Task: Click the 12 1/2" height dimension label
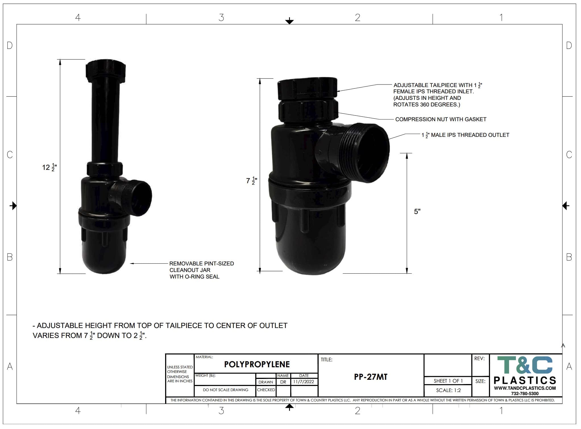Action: [x=49, y=167]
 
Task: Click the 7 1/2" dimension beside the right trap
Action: [x=252, y=181]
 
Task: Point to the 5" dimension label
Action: [x=417, y=211]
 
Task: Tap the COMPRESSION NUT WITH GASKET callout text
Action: [x=441, y=119]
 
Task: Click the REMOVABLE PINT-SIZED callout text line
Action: [x=202, y=264]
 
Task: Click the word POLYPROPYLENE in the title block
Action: [x=257, y=364]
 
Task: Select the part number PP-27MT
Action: [x=371, y=377]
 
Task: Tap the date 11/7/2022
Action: [x=304, y=382]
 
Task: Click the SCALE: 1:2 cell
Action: [x=448, y=390]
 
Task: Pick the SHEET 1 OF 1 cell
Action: [x=448, y=381]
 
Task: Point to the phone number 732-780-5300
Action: [x=525, y=394]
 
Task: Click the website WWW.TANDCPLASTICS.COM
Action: [x=525, y=388]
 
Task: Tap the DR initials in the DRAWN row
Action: [x=283, y=382]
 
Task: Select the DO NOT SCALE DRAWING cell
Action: [x=225, y=390]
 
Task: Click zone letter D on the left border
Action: [x=10, y=46]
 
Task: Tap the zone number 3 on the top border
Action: [x=221, y=18]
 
